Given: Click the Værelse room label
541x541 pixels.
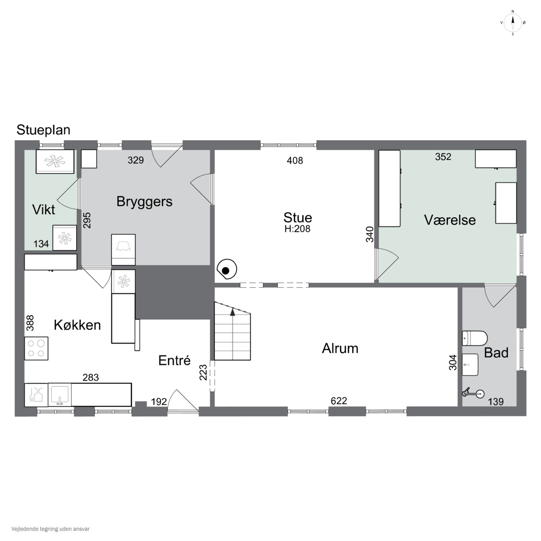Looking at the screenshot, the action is (x=450, y=220).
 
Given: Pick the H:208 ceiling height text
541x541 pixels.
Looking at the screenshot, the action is (x=297, y=229).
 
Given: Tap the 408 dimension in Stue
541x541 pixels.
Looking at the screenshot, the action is (x=295, y=160).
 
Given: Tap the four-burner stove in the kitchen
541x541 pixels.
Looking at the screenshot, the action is (x=36, y=348).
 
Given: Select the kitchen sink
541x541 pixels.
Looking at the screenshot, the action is (x=60, y=395).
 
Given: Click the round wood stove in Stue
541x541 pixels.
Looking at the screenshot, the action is (x=227, y=269).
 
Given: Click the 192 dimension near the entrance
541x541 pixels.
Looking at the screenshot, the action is (x=159, y=402).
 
